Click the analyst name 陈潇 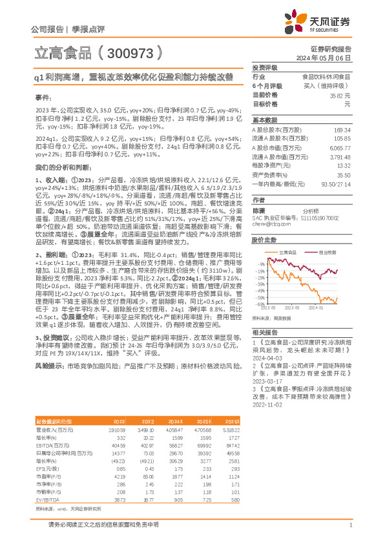[259, 211]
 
